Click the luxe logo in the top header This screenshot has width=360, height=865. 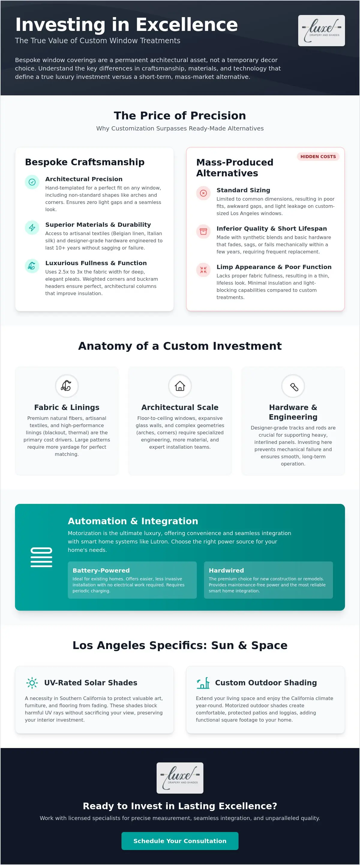(321, 31)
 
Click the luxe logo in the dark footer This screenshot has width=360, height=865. (180, 778)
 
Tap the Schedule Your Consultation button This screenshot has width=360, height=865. (180, 840)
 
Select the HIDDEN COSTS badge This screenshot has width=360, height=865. (318, 157)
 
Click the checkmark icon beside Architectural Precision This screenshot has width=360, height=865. (32, 182)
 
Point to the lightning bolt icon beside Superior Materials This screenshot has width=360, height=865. (32, 228)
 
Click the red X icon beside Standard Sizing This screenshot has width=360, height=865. (203, 193)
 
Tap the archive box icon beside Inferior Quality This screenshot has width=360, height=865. (203, 231)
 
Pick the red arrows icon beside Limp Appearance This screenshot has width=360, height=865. (203, 270)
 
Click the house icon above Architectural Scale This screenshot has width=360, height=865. (180, 386)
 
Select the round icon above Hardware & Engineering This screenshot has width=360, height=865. (293, 386)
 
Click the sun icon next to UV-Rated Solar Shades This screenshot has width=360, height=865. (32, 683)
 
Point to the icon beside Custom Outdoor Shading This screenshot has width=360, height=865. (203, 683)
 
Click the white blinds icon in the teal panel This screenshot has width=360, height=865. (41, 557)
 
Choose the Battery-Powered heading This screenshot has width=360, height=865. (101, 570)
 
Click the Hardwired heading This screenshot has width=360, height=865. (226, 570)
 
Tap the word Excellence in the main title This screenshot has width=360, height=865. (187, 25)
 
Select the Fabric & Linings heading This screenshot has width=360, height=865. (67, 407)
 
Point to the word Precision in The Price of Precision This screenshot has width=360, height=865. (218, 115)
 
